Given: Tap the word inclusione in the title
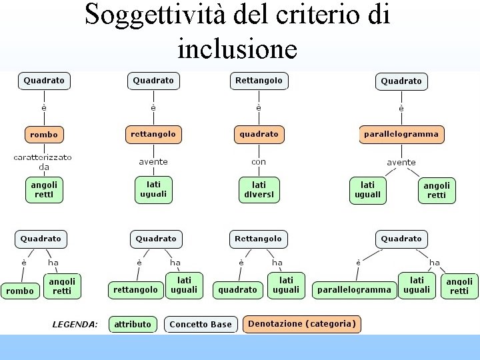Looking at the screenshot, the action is click(x=237, y=48).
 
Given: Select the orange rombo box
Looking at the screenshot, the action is click(x=44, y=135).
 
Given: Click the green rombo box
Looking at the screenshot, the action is click(x=19, y=291).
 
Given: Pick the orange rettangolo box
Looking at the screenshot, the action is click(x=153, y=134).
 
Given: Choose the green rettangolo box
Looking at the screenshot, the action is click(x=135, y=289).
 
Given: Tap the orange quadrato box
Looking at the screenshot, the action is click(x=259, y=134).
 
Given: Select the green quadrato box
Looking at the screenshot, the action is click(x=237, y=289).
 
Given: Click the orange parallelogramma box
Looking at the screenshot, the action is click(x=401, y=134).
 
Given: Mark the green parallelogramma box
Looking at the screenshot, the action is click(x=354, y=289).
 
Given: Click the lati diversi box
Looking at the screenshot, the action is click(x=259, y=190).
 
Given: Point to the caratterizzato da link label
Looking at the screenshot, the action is click(x=43, y=162).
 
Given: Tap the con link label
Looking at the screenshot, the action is click(x=259, y=162).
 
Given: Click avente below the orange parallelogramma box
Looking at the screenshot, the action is click(x=401, y=162).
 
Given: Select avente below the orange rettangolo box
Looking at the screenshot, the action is click(x=153, y=162).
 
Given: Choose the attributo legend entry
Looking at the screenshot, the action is click(x=133, y=325).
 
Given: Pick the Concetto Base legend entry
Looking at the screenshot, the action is click(x=201, y=325).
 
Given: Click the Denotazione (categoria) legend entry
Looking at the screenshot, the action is click(x=302, y=324).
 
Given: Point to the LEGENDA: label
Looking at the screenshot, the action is click(x=75, y=325).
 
